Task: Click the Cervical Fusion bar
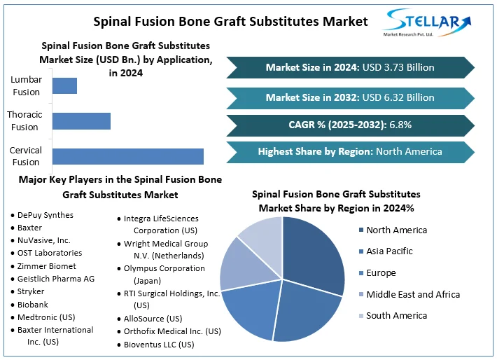[128, 156]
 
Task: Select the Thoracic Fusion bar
[81, 120]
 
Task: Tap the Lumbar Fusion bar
[64, 85]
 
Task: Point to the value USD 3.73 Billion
[398, 67]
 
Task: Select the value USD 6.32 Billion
[398, 97]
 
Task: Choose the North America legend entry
[396, 230]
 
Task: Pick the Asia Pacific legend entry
[389, 251]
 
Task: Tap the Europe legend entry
[381, 273]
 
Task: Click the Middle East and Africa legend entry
[413, 294]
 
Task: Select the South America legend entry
[396, 316]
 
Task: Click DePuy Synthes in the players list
[45, 215]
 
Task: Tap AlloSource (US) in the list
[153, 318]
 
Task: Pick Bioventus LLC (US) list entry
[159, 344]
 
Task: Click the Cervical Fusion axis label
[26, 156]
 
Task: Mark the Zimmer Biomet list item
[47, 266]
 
